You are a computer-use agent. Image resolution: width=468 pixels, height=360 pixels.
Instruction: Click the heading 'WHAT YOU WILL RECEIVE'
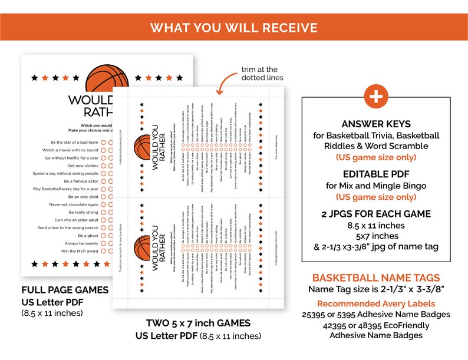[233, 28]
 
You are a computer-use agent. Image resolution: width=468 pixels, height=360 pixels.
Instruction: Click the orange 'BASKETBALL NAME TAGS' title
[376, 278]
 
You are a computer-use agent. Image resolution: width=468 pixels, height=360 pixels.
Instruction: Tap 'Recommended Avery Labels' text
[376, 303]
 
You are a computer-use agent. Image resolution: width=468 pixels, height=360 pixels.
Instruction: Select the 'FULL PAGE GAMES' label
[65, 290]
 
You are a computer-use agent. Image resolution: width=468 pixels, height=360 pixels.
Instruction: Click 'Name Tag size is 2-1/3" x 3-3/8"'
[376, 289]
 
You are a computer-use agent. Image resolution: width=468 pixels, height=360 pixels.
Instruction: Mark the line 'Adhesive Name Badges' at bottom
[376, 335]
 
